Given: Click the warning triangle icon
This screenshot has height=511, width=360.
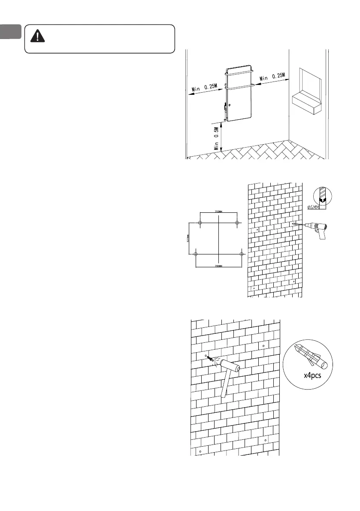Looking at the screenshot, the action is [x=39, y=36].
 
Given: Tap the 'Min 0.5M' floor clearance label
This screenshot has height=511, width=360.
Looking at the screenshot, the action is [x=217, y=137].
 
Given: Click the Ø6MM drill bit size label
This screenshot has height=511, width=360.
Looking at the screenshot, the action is [x=315, y=207].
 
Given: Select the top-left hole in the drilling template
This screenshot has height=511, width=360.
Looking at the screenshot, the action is [x=200, y=222].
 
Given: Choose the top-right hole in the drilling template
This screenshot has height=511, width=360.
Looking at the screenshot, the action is [x=237, y=222].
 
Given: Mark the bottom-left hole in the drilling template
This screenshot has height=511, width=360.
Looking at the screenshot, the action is [x=196, y=254].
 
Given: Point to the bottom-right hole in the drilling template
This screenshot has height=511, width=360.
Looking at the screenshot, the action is [x=242, y=254].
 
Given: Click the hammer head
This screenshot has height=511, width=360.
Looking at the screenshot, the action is [x=231, y=366].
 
